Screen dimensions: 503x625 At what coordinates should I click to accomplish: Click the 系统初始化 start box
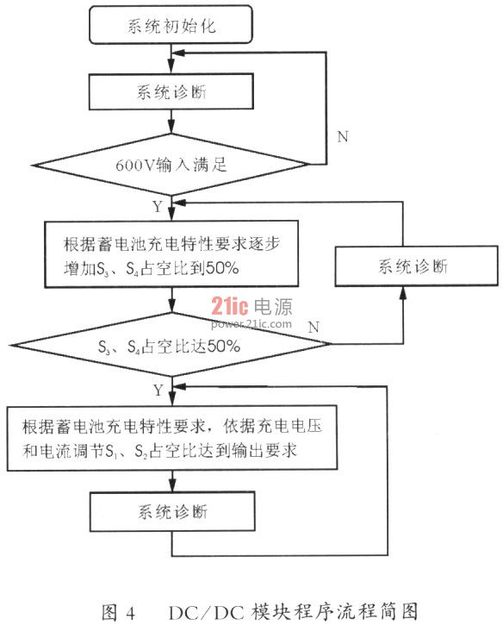coord(171,25)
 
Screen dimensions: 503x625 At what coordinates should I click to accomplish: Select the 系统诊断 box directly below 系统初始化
coord(171,91)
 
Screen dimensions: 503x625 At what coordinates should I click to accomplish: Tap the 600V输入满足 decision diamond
coord(171,164)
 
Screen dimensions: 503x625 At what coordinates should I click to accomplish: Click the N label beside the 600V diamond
coord(343,137)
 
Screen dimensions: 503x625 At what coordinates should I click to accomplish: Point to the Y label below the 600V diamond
coord(158,207)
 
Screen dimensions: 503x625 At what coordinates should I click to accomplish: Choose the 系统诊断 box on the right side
coord(416,266)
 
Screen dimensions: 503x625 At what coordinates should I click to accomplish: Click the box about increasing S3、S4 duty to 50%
coord(171,254)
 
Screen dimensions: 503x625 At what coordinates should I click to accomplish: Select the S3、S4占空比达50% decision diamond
coord(171,344)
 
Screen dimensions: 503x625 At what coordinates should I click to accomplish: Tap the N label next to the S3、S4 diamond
coord(314,327)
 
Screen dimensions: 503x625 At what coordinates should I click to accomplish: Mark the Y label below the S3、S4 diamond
coord(158,390)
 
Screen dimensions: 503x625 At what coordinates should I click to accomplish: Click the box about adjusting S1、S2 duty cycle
coord(172,438)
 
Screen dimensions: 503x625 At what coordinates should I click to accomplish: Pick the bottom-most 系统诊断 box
coord(172,511)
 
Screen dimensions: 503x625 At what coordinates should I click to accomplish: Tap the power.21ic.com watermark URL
coord(251,323)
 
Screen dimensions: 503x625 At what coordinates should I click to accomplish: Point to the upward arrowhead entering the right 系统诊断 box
coord(403,293)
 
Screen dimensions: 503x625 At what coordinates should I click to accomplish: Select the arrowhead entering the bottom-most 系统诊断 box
coord(172,485)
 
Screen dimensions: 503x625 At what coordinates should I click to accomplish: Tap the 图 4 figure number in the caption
coord(118,612)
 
